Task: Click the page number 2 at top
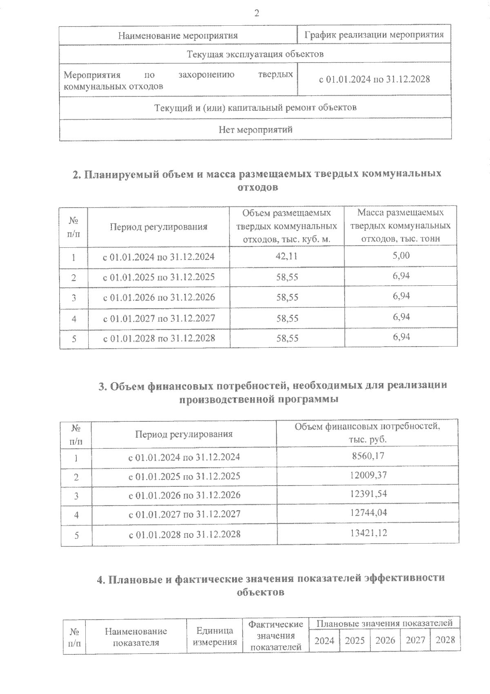click(x=256, y=13)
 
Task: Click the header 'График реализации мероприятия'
click(x=374, y=35)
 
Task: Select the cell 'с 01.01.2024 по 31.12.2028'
click(x=374, y=80)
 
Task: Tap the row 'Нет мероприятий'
click(x=255, y=130)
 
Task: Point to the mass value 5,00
click(x=401, y=255)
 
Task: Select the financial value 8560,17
click(x=368, y=456)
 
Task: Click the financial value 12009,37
click(x=368, y=475)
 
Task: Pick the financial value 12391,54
click(x=368, y=494)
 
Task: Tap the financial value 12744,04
click(x=368, y=513)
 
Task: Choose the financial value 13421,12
click(x=368, y=533)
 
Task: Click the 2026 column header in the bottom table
click(x=385, y=640)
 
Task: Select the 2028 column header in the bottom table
click(x=445, y=640)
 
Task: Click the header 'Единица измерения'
click(x=215, y=636)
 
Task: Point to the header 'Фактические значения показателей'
click(x=276, y=636)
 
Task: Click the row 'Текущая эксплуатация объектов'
click(x=255, y=54)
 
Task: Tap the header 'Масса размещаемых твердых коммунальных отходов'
click(x=400, y=226)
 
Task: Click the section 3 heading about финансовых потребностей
click(x=272, y=392)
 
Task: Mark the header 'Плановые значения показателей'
click(x=384, y=623)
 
